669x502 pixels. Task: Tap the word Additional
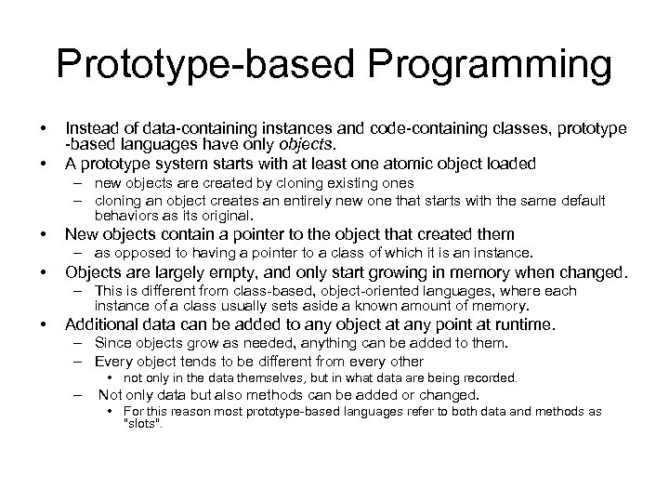pyautogui.click(x=101, y=325)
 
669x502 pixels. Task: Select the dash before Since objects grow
pyautogui.click(x=78, y=344)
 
